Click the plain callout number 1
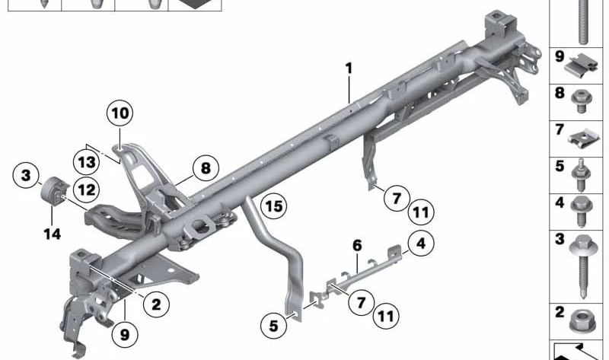pos(349,69)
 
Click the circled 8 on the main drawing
pos(205,167)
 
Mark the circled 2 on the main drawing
pos(155,305)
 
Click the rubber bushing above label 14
pos(55,191)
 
